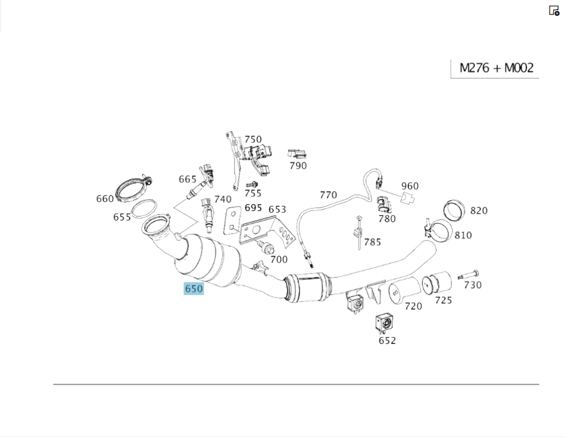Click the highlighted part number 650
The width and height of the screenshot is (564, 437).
click(193, 289)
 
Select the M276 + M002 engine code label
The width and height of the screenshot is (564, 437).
click(496, 68)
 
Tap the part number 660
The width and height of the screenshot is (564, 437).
click(105, 198)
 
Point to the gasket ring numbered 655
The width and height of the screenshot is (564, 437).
click(144, 210)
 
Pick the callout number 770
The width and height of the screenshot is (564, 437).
click(328, 195)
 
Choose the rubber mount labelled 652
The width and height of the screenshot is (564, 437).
click(384, 324)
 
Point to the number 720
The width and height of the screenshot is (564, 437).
click(413, 306)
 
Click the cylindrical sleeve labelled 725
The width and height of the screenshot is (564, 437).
click(437, 284)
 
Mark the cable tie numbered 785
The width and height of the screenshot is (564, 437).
click(358, 231)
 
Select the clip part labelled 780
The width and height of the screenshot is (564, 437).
click(384, 203)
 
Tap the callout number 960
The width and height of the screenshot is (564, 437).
click(410, 186)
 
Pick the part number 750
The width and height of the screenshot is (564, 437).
click(253, 139)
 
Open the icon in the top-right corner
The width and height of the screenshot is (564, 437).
click(554, 10)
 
